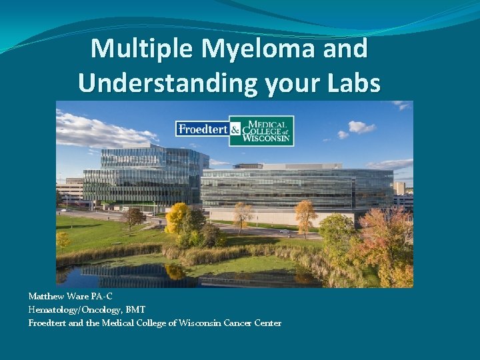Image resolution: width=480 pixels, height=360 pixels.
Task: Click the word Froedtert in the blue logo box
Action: point(203,129)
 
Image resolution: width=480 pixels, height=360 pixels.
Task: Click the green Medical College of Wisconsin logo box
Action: point(267,130)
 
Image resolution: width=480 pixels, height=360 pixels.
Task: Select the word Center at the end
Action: point(267,323)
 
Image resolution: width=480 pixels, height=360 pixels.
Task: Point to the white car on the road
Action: point(285,233)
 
